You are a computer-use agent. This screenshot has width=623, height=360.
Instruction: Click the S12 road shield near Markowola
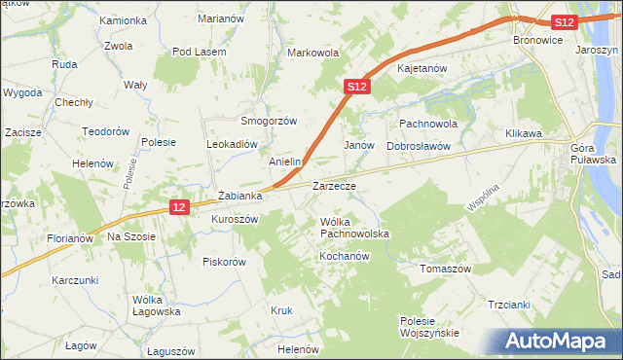tap(357, 88)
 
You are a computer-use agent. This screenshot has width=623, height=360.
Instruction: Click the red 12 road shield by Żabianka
tap(177, 207)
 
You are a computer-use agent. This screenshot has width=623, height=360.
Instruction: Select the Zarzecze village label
tap(334, 185)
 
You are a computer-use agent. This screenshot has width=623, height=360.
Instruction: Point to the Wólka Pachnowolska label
tap(354, 229)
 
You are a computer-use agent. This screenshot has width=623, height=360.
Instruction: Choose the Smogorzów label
tap(269, 121)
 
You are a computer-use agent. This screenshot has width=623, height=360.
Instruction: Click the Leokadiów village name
tap(231, 142)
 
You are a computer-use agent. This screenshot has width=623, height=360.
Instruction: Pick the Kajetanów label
tap(421, 69)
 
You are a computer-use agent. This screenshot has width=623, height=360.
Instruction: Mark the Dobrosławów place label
tap(419, 145)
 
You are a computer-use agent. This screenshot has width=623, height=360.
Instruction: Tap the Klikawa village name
tap(524, 133)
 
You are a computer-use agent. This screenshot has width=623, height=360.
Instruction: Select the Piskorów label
tap(224, 261)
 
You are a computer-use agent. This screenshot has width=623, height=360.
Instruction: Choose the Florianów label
tap(69, 237)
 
